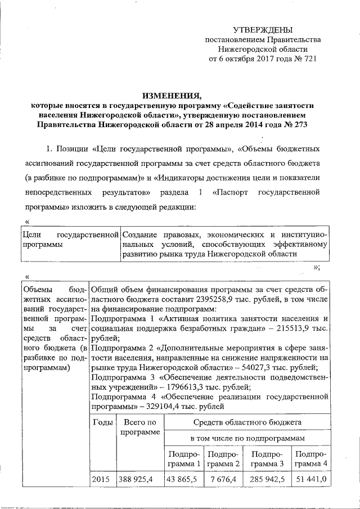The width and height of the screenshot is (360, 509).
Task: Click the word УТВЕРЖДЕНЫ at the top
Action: pos(263,29)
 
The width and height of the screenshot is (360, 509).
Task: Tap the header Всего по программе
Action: pos(139,427)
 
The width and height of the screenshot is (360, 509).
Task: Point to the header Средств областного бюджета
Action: pos(247,421)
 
